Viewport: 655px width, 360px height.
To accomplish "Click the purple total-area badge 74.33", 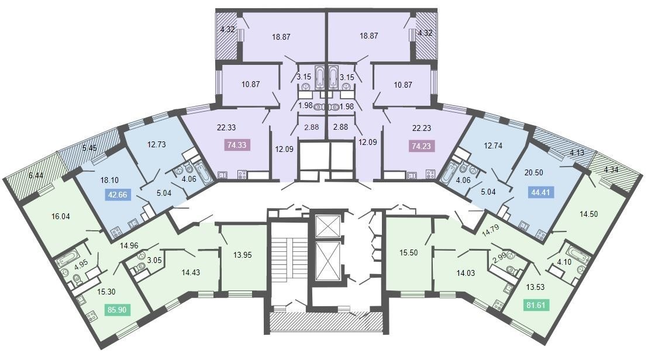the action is click(x=237, y=145).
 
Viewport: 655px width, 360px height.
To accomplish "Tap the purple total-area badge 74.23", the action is click(x=421, y=146).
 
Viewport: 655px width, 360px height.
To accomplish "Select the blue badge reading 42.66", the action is click(x=118, y=195).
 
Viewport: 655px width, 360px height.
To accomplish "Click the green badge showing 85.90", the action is click(x=117, y=310).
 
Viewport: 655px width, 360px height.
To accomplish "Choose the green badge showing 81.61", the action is click(x=536, y=305).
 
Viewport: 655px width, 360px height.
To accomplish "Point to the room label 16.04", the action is click(x=61, y=216).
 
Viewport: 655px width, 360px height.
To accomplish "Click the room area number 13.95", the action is click(x=242, y=255).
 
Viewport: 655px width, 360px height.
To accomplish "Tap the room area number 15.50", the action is click(x=408, y=252).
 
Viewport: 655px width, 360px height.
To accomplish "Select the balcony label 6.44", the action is click(x=36, y=175).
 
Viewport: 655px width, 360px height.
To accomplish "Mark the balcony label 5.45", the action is click(x=89, y=148).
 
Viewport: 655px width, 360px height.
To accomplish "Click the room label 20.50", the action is click(x=533, y=172).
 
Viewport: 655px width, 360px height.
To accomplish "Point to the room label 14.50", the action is click(x=588, y=214).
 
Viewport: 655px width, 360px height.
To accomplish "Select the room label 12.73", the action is click(x=156, y=144).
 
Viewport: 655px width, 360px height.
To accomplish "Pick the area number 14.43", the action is click(x=191, y=272).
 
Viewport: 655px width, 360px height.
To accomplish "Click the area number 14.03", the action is click(x=466, y=273).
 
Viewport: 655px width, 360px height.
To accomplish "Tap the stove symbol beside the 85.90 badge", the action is click(x=91, y=316).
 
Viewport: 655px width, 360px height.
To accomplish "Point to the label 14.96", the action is click(x=129, y=245).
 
